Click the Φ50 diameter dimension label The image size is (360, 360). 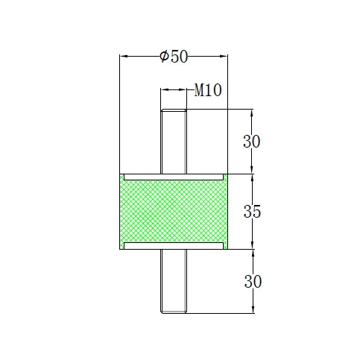click(x=174, y=57)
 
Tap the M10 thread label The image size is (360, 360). click(x=208, y=91)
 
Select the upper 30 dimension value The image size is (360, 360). click(x=252, y=142)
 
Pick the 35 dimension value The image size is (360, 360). click(x=252, y=212)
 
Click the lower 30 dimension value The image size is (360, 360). click(x=252, y=281)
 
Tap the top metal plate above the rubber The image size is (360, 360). click(x=174, y=177)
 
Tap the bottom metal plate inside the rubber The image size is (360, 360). click(x=174, y=245)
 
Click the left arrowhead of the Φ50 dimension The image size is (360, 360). click(x=124, y=55)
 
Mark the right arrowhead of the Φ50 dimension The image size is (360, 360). click(x=224, y=55)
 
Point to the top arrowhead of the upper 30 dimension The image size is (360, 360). click(x=253, y=113)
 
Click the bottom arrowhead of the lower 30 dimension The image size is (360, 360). click(x=253, y=310)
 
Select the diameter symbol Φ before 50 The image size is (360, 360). click(x=164, y=57)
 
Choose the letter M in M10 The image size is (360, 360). click(x=199, y=91)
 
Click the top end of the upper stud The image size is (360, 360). click(x=174, y=109)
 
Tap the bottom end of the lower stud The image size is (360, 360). click(x=174, y=313)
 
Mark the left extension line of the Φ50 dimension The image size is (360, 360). click(x=120, y=112)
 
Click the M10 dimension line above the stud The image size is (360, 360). click(x=174, y=89)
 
